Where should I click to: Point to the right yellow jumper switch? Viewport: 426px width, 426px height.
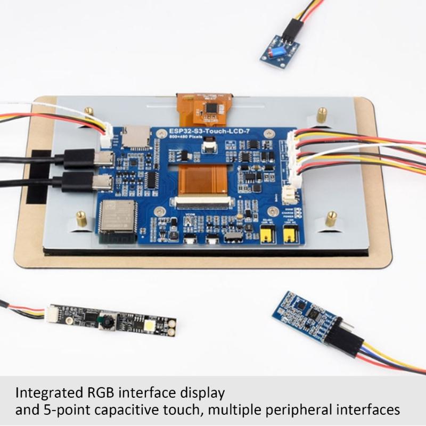point(290,232)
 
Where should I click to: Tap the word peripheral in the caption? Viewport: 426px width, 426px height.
point(298,410)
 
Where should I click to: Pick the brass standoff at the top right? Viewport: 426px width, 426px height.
point(322,114)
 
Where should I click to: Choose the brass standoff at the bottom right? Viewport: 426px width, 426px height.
point(331,218)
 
